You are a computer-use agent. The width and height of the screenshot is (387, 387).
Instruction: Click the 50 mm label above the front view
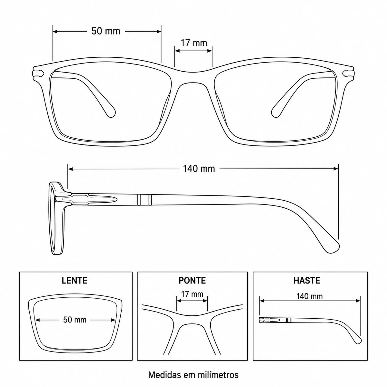106,31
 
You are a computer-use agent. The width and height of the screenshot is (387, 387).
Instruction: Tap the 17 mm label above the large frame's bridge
194,43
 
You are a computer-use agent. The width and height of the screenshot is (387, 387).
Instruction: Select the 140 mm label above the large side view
199,169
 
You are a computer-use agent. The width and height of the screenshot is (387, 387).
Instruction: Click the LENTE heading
74,280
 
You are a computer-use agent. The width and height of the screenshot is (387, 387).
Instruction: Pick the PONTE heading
192,280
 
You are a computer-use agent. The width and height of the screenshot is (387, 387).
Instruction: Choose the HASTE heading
307,280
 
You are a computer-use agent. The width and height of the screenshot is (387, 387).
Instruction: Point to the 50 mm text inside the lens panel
75,320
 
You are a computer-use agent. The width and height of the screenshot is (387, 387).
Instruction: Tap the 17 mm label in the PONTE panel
192,294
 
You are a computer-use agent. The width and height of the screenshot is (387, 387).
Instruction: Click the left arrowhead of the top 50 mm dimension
55,31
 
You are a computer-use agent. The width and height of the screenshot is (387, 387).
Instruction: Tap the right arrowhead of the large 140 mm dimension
336,169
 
